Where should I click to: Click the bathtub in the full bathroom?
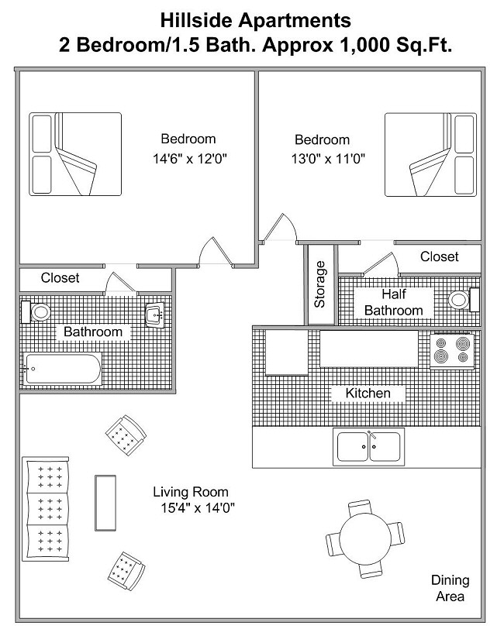pos(62,368)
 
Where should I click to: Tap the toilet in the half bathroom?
pos(464,300)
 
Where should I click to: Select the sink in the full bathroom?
pos(154,315)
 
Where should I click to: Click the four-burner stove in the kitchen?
pos(451,350)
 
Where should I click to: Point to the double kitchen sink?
pos(368,446)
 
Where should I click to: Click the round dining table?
pos(365,538)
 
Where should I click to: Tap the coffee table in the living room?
pos(105,503)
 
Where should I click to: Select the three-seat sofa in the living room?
pos(46,509)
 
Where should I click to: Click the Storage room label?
pos(320,284)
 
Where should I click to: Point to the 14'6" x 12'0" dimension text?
pos(190,158)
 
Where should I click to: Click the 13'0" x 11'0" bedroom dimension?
pos(328,158)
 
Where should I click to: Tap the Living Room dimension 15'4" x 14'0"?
pos(198,507)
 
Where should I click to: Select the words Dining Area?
pos(450,588)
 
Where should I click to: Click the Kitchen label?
pos(368,393)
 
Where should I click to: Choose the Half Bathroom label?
pos(394,302)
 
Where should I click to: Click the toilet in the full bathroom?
pos(36,312)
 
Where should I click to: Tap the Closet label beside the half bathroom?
pos(440,256)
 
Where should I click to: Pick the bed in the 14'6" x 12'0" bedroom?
pos(75,154)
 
